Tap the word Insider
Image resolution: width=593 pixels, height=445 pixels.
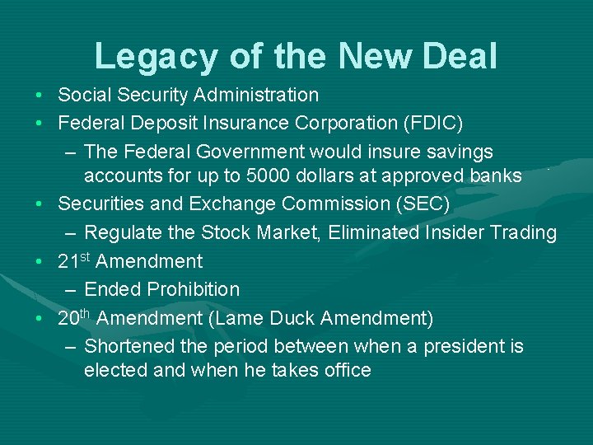[x=462, y=233]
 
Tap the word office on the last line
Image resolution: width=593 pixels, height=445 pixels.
[x=342, y=370]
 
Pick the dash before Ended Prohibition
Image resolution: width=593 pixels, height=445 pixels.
[x=71, y=290]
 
